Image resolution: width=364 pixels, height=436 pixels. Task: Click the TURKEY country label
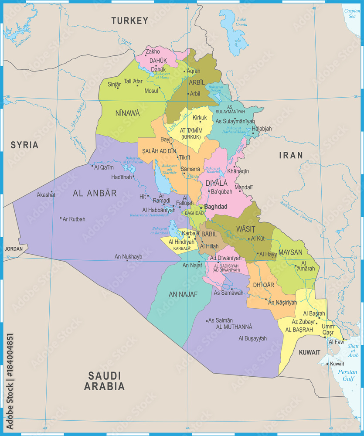[x=129, y=20]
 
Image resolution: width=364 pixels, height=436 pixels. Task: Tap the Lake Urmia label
[x=242, y=22]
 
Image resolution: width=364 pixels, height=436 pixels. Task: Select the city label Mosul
[x=151, y=91]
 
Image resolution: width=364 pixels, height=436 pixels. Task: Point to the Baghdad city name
[x=216, y=207]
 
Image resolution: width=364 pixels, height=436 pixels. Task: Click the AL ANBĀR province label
[x=95, y=193]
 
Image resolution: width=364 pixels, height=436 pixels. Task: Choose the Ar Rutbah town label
[x=74, y=219]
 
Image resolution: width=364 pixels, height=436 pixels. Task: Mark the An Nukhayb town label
[x=128, y=257]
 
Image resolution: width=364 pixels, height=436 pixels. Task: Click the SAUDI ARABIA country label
[x=104, y=381]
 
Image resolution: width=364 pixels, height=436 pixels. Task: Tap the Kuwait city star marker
[x=327, y=364]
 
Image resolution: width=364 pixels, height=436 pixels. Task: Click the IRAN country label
[x=291, y=155]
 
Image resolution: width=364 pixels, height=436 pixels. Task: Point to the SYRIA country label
[x=24, y=145]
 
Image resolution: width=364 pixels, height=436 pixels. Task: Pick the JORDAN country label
[x=13, y=249]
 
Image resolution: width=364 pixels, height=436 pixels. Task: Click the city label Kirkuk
[x=200, y=118]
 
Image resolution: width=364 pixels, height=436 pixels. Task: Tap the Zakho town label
[x=153, y=51]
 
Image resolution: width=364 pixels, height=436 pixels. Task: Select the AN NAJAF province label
[x=183, y=294]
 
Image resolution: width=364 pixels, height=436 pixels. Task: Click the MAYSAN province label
[x=290, y=252]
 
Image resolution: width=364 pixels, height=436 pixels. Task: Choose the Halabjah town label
[x=262, y=129]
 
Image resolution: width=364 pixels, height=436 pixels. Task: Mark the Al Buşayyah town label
[x=252, y=338]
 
